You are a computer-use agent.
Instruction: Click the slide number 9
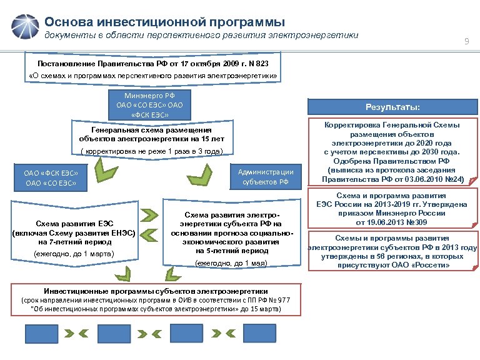pos(466,41)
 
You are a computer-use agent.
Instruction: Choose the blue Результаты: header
pos(392,106)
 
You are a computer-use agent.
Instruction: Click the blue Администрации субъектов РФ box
pos(266,177)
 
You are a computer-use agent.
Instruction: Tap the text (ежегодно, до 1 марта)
pos(74,254)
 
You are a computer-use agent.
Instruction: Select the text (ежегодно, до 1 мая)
pos(231,263)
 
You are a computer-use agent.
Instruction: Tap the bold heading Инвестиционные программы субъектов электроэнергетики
pos(156,291)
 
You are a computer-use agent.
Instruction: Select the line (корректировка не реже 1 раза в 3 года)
pos(152,152)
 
